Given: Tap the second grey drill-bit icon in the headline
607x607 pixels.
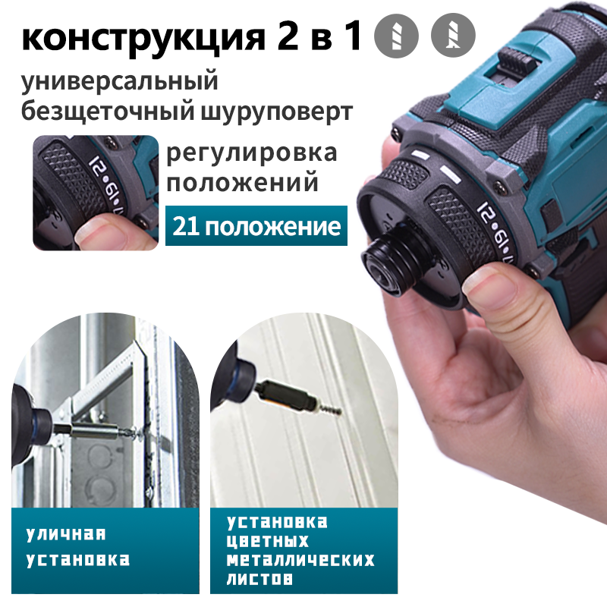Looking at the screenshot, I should tap(453, 36).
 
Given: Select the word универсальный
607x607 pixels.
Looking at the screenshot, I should tap(119, 80).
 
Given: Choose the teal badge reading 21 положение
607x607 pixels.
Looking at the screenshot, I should tap(256, 225).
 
